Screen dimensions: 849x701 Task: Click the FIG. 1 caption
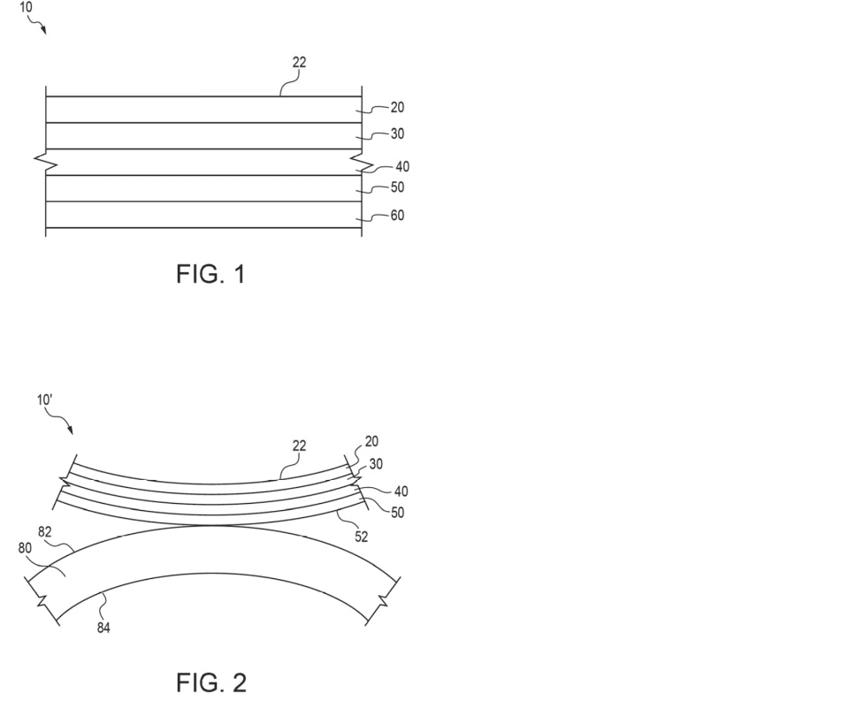coord(211,274)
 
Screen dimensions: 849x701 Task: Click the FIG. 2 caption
coord(211,682)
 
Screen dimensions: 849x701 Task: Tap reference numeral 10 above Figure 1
coord(26,7)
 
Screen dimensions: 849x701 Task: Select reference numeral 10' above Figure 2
coord(44,400)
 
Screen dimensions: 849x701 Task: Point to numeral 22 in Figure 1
coord(299,62)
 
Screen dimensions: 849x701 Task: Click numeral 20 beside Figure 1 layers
coord(397,108)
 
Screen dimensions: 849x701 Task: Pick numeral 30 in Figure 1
coord(397,133)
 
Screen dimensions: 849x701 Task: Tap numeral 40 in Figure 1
coord(402,167)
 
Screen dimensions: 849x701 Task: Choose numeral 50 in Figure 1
coord(397,187)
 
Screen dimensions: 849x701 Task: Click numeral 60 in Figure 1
coord(397,216)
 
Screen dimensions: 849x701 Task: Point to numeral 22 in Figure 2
coord(299,446)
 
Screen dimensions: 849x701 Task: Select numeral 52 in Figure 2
coord(361,537)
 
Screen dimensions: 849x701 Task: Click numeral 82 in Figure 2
coord(45,532)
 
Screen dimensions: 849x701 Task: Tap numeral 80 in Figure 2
coord(25,548)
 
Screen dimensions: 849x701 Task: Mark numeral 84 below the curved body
coord(103,628)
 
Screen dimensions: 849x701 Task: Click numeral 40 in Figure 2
coord(402,491)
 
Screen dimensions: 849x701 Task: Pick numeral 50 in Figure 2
coord(397,512)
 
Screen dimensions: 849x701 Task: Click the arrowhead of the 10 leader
coord(44,31)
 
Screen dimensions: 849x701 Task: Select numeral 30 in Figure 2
coord(376,464)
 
